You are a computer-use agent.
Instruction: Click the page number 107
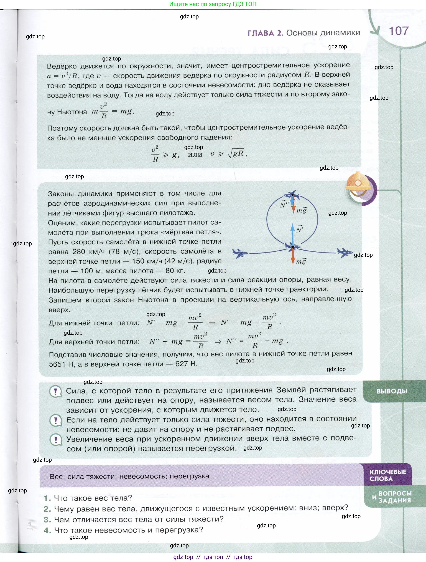tap(398, 31)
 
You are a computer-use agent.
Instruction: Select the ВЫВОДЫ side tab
tap(392, 391)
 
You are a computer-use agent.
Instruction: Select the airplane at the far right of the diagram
tap(345, 252)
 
